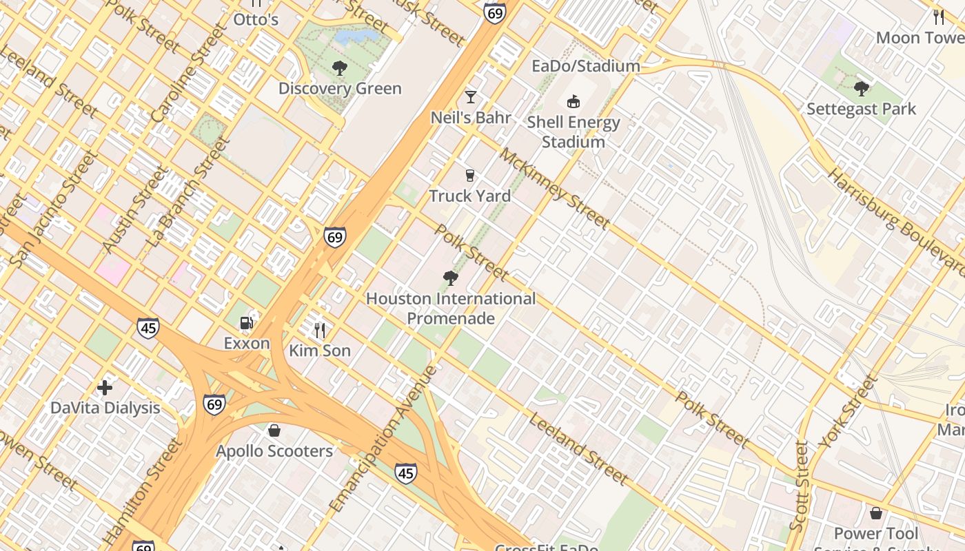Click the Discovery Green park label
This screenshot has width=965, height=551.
coord(340,89)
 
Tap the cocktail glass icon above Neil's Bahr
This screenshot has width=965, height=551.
coord(471,96)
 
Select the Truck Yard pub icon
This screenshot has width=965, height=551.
coord(470,175)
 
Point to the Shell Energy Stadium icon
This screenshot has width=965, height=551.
coord(573,102)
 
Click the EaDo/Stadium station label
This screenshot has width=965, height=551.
coord(586,66)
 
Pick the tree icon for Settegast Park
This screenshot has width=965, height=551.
coord(861,88)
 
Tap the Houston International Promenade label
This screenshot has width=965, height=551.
coord(451,308)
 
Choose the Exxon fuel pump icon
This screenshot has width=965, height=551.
coord(246,322)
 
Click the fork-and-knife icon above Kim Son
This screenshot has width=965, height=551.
coord(319,331)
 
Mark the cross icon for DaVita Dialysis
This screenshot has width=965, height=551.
coord(105,388)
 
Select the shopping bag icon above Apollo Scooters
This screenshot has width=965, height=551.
coord(274,430)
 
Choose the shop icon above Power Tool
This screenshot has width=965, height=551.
coord(875,513)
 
